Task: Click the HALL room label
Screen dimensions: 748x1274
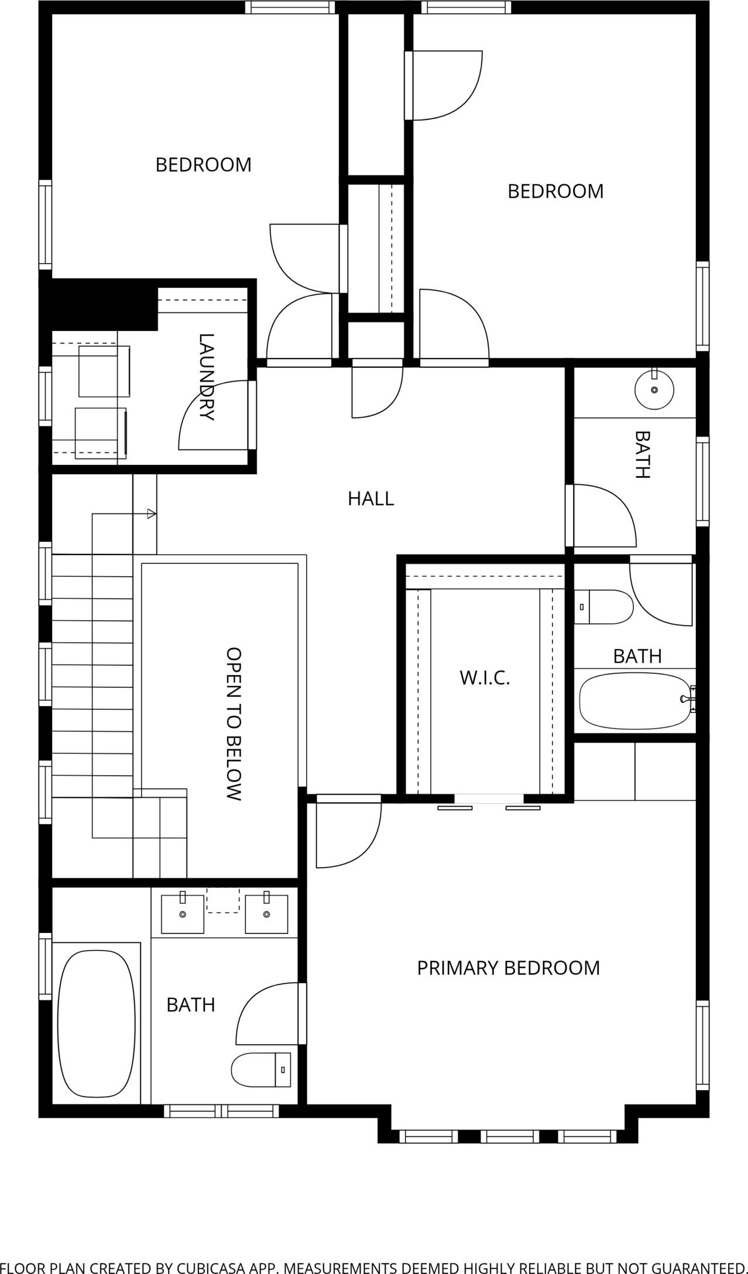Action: coord(370,498)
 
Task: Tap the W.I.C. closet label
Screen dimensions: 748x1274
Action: coord(485,678)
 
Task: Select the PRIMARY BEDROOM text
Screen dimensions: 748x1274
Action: coord(508,968)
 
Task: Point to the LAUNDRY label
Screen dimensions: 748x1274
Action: coord(207,377)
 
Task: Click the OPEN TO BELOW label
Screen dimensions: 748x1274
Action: coord(234,724)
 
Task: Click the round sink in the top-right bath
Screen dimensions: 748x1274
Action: coord(654,389)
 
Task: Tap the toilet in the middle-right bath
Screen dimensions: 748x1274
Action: coord(603,607)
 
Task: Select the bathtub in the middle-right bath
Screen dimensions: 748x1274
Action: coord(636,700)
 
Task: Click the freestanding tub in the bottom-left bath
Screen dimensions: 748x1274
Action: coord(97,1025)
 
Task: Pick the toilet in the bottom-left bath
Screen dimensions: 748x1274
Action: coord(261,1069)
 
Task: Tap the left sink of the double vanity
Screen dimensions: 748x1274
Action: coord(183,913)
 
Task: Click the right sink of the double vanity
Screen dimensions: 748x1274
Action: coord(267,913)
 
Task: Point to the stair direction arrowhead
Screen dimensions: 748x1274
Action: coord(152,514)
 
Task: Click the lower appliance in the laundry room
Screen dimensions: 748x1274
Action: coord(101,433)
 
